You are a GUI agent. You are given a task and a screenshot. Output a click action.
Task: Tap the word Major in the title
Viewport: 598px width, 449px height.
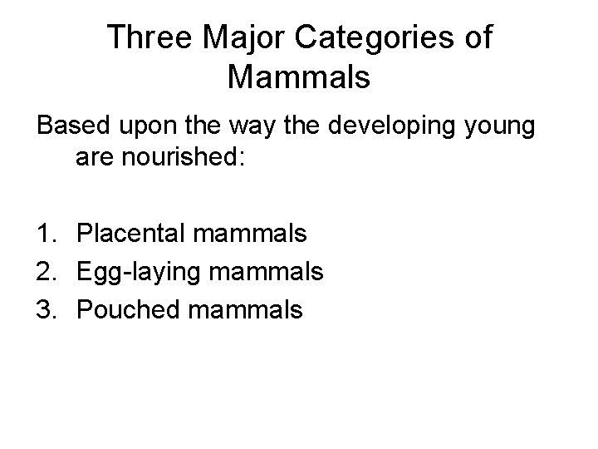(x=235, y=37)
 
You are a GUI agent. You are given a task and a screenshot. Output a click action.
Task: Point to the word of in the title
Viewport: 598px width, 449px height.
(x=477, y=37)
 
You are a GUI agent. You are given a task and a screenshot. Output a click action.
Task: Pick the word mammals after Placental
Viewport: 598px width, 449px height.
(x=249, y=233)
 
